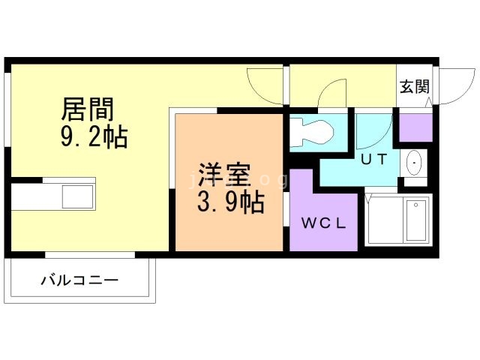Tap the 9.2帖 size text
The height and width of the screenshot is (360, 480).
click(93, 138)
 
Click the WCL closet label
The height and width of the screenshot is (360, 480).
click(324, 223)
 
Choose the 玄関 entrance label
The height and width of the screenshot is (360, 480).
click(414, 86)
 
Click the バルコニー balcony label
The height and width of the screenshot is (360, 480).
click(79, 281)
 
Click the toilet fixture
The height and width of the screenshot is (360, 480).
click(311, 132)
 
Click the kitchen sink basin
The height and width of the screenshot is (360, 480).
click(77, 197)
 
